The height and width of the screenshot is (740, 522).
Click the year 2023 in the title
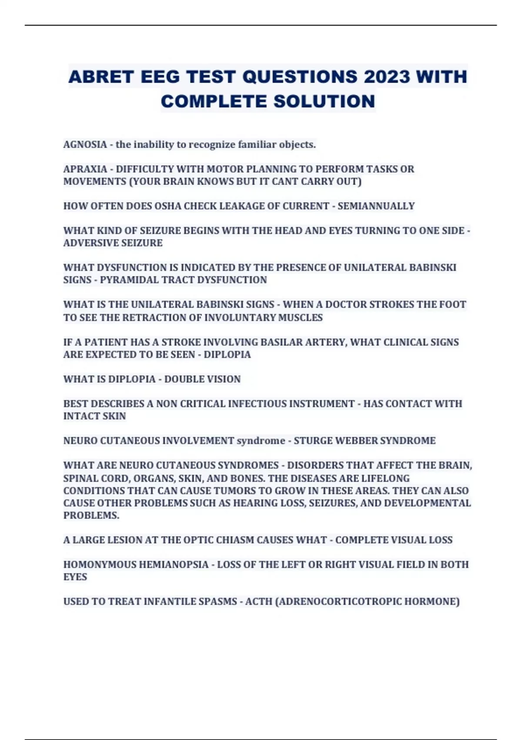[x=387, y=77]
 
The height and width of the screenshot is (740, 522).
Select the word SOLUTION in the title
[x=324, y=101]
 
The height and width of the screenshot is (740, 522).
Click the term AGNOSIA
[x=85, y=145]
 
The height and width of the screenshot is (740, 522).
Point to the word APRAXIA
[x=85, y=169]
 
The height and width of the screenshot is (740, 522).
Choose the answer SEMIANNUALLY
[x=376, y=206]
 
